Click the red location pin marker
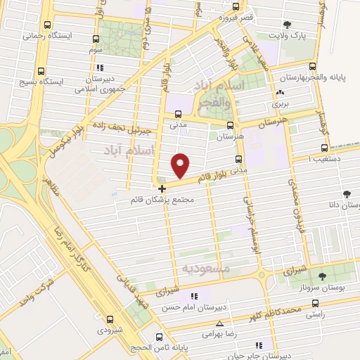coord(181,165)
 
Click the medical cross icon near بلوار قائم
coord(162,188)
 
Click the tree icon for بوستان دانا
coord(346,194)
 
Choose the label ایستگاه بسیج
coord(63,82)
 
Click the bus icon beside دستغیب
coord(324,148)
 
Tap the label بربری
coord(281,103)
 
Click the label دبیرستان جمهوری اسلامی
coord(101,84)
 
